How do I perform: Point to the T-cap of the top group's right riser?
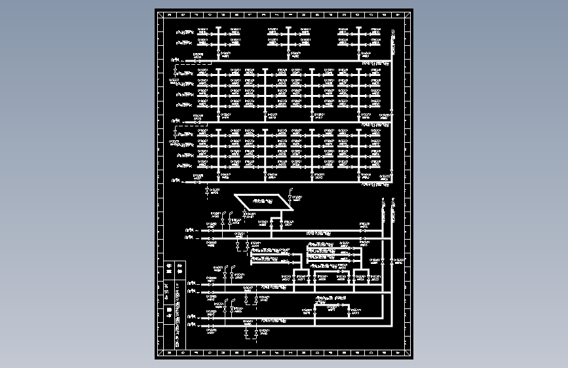tap(359, 27)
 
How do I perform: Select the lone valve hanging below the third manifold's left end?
tap(207, 191)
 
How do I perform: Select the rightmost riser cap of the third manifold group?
tap(359, 130)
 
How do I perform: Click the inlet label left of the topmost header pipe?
tap(177, 60)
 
